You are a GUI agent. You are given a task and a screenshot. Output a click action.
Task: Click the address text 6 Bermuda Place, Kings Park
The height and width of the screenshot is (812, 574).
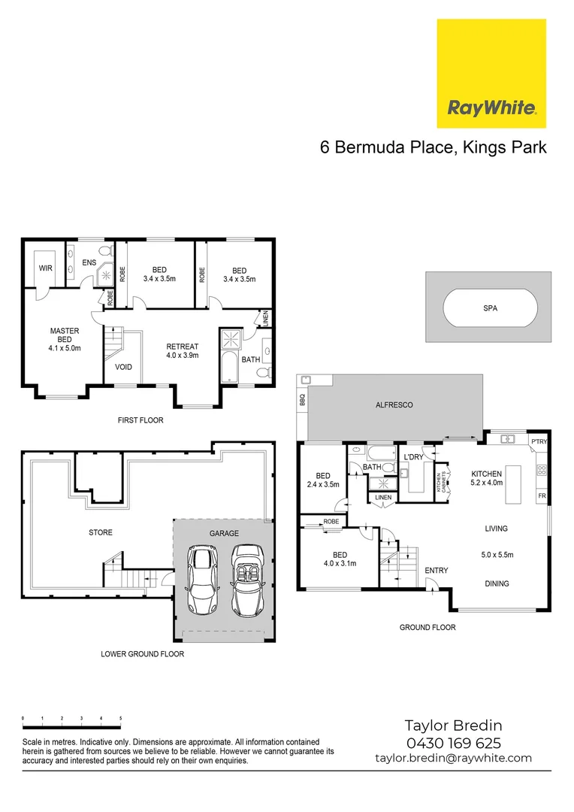tap(433, 147)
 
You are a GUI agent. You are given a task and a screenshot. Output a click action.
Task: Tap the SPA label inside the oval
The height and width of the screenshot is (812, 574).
tap(491, 308)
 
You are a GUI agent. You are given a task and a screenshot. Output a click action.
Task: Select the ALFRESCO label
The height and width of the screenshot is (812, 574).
tap(394, 404)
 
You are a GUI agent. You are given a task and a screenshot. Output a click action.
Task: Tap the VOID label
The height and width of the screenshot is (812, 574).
tap(124, 368)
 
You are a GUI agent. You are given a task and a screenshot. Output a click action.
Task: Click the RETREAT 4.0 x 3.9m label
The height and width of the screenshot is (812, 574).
tap(182, 351)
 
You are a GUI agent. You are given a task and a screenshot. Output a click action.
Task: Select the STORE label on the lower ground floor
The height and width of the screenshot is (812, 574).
tap(100, 532)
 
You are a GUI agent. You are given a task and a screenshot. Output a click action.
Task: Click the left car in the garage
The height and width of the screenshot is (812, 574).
tap(202, 580)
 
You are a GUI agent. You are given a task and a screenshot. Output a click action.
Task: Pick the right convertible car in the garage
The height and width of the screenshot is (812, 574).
tap(247, 580)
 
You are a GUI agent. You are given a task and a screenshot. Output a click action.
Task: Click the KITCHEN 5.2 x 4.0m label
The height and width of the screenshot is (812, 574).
tap(485, 478)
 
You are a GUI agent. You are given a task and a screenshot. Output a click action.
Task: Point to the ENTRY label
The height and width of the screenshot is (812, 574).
tap(436, 571)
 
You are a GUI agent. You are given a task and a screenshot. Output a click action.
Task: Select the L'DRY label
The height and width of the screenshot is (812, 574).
tap(413, 457)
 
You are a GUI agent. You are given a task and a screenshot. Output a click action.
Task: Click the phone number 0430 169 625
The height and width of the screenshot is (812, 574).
tap(453, 743)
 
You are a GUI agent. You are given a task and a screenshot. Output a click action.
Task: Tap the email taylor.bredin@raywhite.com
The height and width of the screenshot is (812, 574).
tap(453, 758)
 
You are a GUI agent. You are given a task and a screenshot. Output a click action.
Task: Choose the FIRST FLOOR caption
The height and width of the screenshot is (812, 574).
tap(140, 420)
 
